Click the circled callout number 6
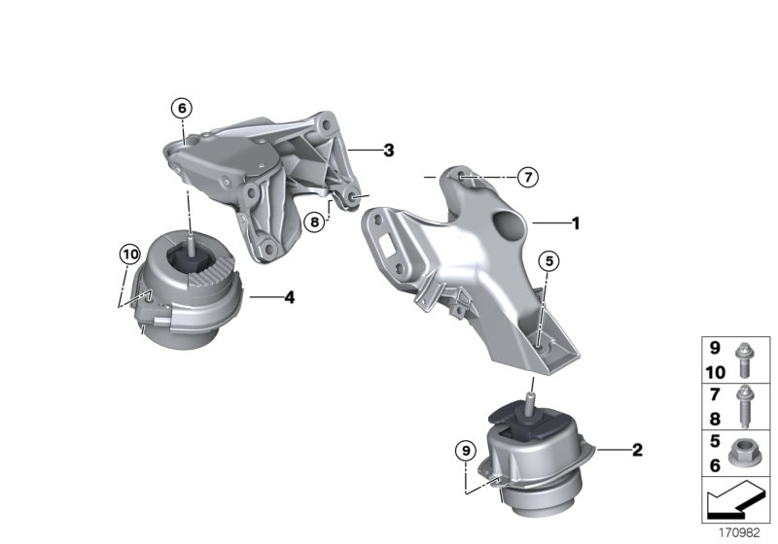click(x=181, y=108)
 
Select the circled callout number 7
click(x=526, y=178)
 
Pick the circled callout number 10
click(x=129, y=255)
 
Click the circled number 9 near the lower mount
click(x=467, y=450)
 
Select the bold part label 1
click(x=575, y=222)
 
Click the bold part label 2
click(x=637, y=450)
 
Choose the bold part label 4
click(x=289, y=298)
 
